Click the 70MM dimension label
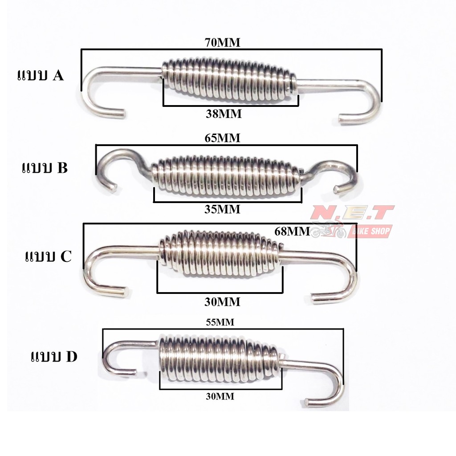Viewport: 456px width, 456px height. click(223, 42)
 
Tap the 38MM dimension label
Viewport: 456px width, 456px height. click(224, 114)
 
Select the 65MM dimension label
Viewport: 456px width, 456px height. click(223, 138)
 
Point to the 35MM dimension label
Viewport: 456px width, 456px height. click(222, 209)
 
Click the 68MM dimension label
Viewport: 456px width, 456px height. click(292, 231)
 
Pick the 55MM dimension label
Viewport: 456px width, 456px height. click(220, 322)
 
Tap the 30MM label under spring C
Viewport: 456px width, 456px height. click(222, 302)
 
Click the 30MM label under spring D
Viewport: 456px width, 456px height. click(220, 396)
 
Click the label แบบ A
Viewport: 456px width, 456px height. click(41, 75)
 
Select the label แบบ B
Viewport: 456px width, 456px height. click(45, 168)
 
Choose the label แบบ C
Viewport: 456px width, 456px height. click(48, 256)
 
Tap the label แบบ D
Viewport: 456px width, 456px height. click(54, 357)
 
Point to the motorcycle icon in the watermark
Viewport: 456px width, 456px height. click(328, 229)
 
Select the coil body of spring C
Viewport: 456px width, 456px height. click(220, 253)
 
